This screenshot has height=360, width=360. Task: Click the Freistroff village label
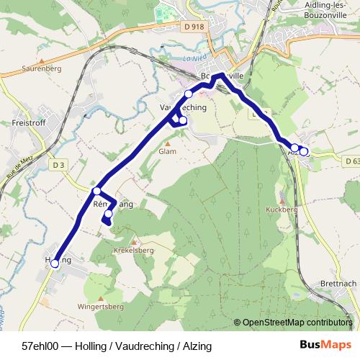tap(30, 123)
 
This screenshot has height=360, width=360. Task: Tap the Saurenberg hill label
tap(42, 69)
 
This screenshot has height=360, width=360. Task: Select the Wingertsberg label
tap(101, 307)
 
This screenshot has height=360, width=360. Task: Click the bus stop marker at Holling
tap(55, 264)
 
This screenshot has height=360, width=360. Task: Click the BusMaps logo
tap(325, 345)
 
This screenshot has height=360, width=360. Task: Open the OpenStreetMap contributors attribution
tap(297, 323)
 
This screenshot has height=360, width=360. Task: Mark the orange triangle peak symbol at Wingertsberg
tap(101, 298)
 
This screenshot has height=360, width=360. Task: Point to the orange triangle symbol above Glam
tap(167, 143)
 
